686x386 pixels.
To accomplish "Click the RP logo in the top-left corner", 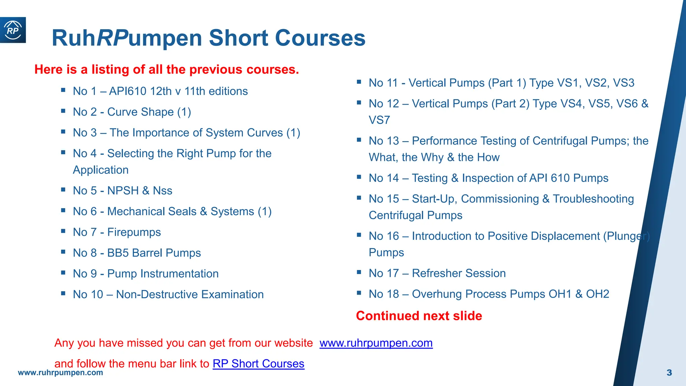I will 13,30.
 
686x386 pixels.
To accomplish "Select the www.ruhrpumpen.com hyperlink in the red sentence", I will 376,343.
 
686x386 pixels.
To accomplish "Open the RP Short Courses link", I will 258,364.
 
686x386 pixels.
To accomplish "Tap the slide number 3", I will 669,373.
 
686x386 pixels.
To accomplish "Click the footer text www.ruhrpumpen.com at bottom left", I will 60,373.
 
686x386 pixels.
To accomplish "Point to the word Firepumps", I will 134,232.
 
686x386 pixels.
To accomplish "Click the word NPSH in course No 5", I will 123,191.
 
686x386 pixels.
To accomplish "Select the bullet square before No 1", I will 63,90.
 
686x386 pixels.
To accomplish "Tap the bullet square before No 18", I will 359,293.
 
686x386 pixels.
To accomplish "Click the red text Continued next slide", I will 419,316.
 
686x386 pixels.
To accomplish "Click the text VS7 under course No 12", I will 379,120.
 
